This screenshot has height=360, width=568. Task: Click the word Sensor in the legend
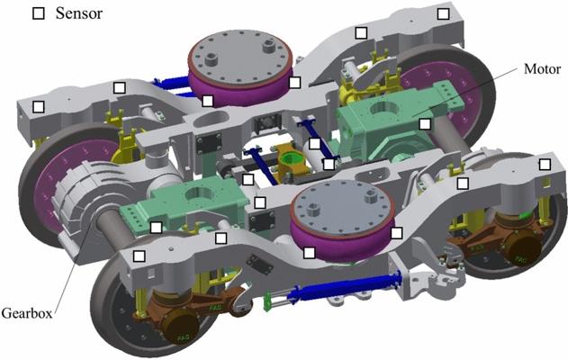click(79, 13)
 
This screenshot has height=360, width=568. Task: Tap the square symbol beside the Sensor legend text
click(39, 13)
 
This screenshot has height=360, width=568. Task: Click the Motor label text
click(542, 68)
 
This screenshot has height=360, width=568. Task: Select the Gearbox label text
click(27, 313)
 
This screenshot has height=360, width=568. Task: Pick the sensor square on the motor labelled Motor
click(425, 124)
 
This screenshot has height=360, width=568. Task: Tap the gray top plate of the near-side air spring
click(342, 210)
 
